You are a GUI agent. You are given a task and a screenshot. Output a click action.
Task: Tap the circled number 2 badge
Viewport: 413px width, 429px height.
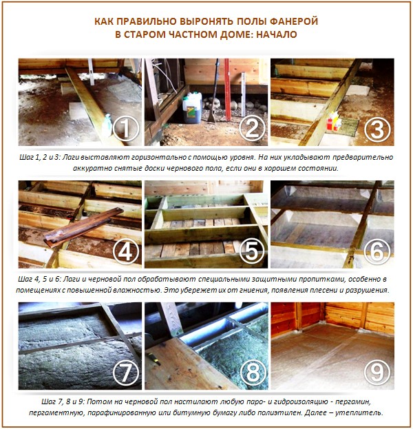click(x=252, y=127)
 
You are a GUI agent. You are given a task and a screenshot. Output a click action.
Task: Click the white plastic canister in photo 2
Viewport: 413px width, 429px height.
click(x=192, y=108)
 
